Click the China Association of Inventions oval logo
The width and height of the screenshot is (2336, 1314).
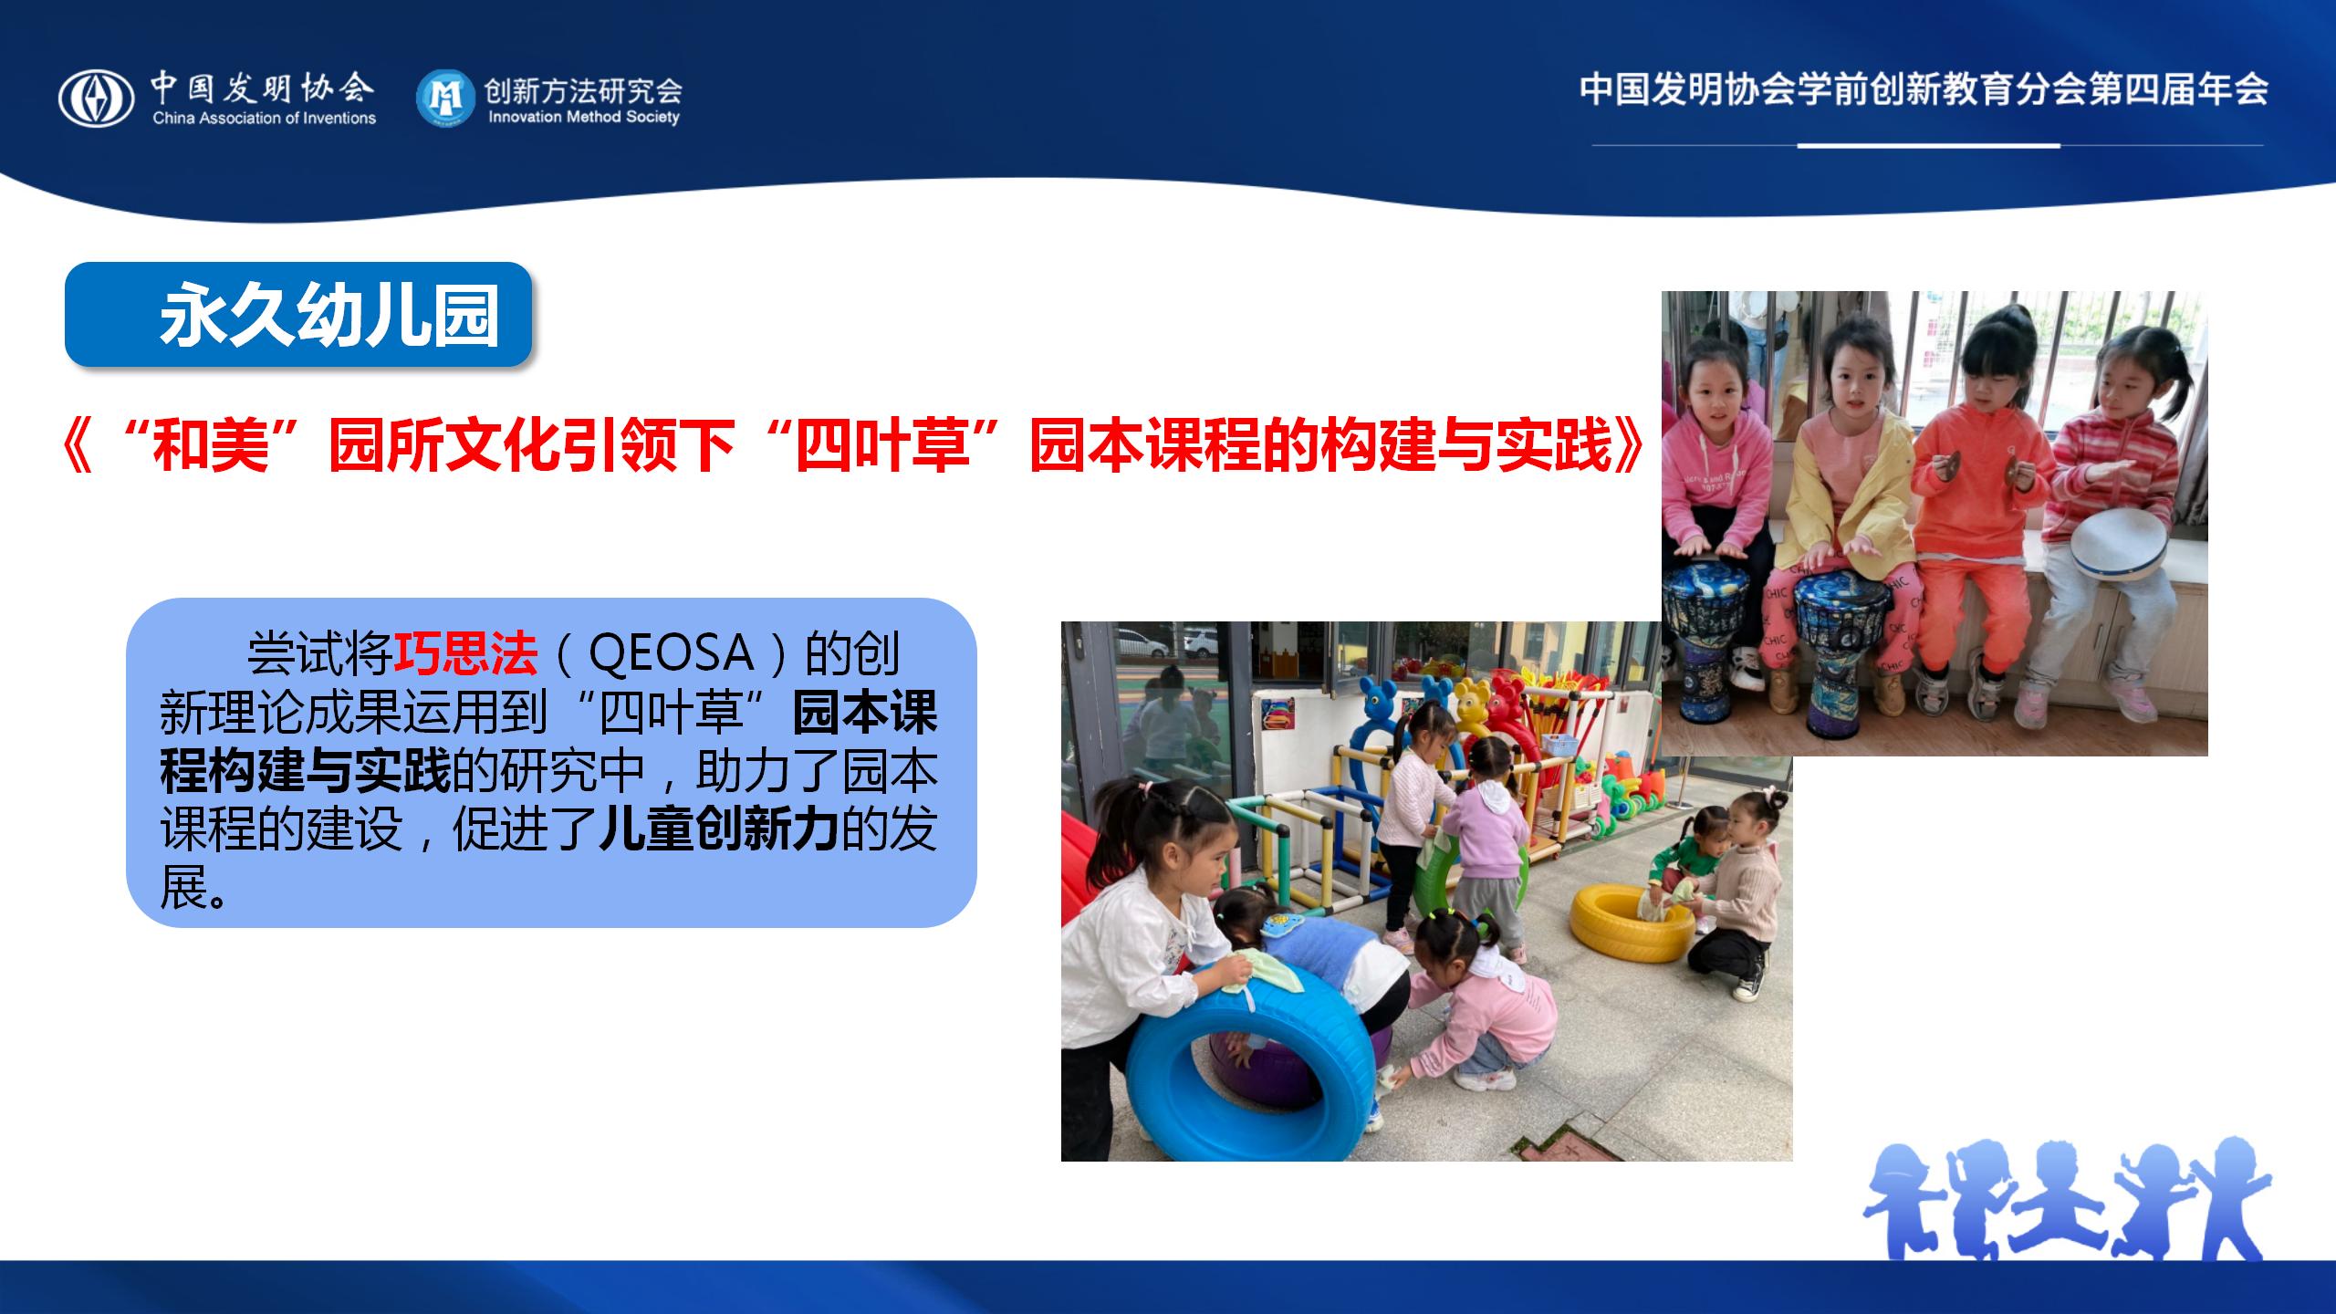[96, 99]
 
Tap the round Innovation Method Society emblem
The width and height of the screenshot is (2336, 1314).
[445, 98]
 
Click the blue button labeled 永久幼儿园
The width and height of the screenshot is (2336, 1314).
[298, 315]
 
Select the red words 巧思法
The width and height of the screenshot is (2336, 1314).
[464, 652]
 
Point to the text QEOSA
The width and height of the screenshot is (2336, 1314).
[671, 652]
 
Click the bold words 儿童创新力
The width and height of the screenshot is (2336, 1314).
[718, 829]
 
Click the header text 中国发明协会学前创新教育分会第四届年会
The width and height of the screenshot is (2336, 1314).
[1924, 89]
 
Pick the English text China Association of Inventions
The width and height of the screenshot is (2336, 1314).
[265, 118]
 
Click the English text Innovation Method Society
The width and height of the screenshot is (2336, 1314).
[584, 117]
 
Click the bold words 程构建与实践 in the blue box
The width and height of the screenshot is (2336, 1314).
[306, 771]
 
